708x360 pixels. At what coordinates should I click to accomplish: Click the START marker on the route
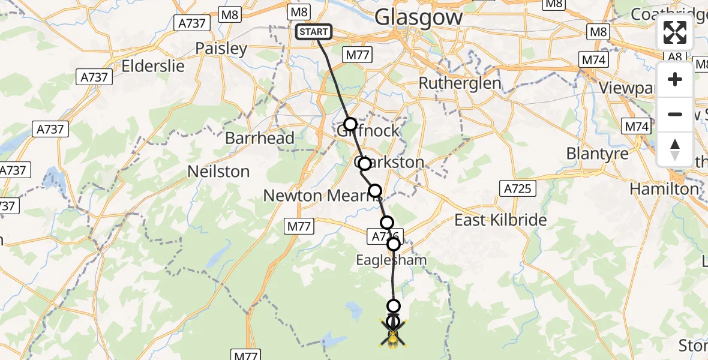click(314, 32)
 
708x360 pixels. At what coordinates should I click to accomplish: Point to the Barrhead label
click(260, 138)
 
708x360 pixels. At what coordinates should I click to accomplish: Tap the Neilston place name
click(218, 172)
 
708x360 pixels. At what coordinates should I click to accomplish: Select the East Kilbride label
click(500, 220)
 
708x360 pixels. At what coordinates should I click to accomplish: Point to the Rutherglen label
click(460, 83)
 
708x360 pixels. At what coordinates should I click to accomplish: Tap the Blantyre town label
click(598, 154)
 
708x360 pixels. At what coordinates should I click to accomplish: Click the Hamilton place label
click(664, 189)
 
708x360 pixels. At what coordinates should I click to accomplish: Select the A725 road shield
click(517, 189)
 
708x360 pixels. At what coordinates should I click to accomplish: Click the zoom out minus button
click(675, 114)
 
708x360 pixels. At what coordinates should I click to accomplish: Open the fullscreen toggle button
click(675, 32)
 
